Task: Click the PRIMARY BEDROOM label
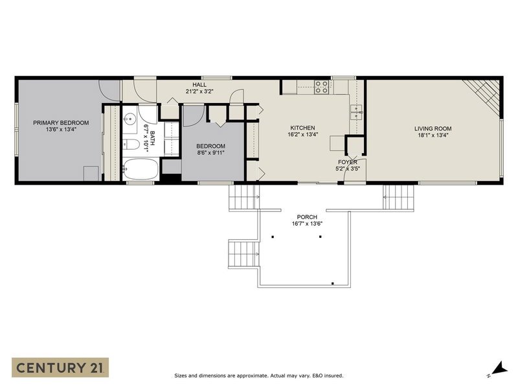[61, 123]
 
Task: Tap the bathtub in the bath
[140, 170]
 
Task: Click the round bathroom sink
[129, 119]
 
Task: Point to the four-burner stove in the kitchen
[322, 87]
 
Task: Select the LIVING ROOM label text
[433, 128]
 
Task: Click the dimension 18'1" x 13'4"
[433, 136]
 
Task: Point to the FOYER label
[347, 161]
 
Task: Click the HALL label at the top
[199, 84]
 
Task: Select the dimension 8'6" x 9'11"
[210, 154]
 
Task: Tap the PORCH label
[307, 217]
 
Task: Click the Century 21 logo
[60, 368]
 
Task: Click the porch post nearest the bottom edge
[332, 283]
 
